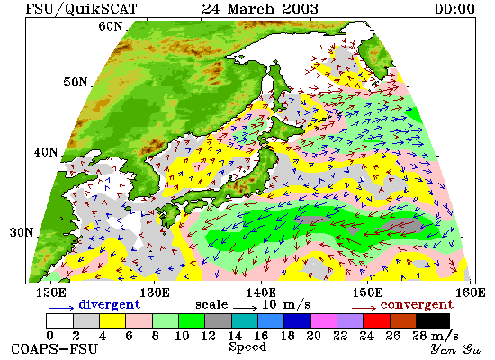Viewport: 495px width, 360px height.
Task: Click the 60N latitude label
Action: coord(110,26)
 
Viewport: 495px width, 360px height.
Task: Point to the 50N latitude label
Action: coord(75,82)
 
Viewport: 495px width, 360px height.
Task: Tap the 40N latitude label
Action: coord(46,152)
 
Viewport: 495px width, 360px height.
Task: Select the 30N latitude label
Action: coord(22,233)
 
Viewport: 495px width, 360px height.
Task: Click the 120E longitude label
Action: coord(51,292)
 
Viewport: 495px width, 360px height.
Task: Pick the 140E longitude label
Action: coord(261,292)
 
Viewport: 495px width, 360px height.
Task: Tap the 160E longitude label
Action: coord(471,292)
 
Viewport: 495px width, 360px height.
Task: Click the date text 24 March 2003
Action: coord(260,8)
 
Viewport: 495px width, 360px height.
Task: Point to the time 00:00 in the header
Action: coord(454,8)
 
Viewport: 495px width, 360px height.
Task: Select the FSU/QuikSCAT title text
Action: coord(81,9)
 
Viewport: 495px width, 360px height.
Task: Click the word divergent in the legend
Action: coord(109,304)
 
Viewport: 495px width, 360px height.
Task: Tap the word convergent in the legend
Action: coord(417,305)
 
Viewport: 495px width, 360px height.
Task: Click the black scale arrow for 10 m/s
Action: coord(246,307)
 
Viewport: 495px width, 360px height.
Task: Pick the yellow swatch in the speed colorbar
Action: coord(112,320)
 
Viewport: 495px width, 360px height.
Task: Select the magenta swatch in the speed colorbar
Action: coord(324,320)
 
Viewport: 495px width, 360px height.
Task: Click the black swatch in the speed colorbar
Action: coord(433,320)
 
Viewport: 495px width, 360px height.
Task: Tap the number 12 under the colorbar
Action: coord(209,336)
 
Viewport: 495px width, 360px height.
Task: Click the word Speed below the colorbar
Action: coord(247,347)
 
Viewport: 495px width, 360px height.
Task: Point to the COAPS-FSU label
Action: coord(54,349)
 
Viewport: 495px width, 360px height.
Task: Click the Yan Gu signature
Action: coord(455,349)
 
